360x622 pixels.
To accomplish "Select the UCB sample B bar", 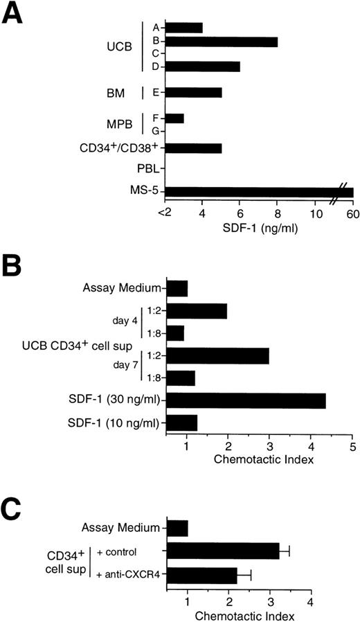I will pyautogui.click(x=222, y=42).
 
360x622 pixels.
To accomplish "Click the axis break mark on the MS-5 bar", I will pyautogui.click(x=337, y=192).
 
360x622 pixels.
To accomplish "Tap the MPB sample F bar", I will pyautogui.click(x=175, y=118).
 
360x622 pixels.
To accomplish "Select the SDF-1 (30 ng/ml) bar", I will pyautogui.click(x=246, y=401).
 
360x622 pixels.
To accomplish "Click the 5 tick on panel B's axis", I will pyautogui.click(x=353, y=446).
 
